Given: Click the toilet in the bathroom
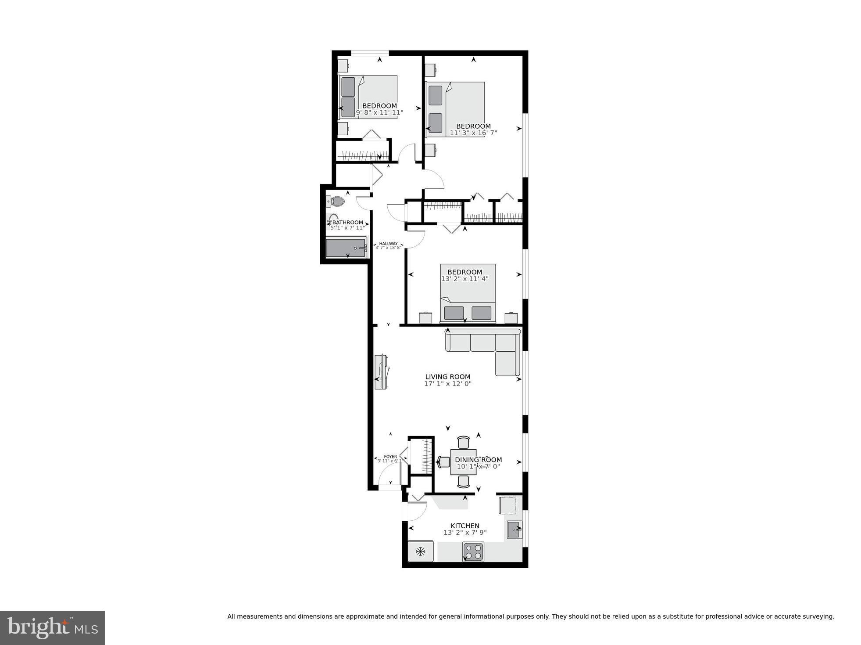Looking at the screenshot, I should click(336, 202).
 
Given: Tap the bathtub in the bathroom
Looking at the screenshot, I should click(346, 248).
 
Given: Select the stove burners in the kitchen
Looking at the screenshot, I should click(474, 551).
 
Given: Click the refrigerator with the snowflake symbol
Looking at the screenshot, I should click(421, 551).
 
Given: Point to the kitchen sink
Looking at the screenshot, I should click(514, 530).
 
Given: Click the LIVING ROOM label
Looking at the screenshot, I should click(447, 377).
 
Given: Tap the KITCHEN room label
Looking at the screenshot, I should click(465, 526).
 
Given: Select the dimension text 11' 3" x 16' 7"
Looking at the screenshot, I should click(473, 133).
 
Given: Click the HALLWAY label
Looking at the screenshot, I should click(388, 244).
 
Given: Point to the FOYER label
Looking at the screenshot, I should click(390, 457).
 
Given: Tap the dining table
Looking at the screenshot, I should click(463, 461).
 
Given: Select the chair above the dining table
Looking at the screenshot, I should click(463, 442).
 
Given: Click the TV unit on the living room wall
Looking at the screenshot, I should click(380, 371).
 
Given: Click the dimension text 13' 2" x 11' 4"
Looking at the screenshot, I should click(464, 279).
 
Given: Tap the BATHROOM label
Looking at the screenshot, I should click(347, 222).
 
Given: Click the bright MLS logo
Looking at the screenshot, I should click(52, 627).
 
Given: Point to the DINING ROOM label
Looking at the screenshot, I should click(478, 460).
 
